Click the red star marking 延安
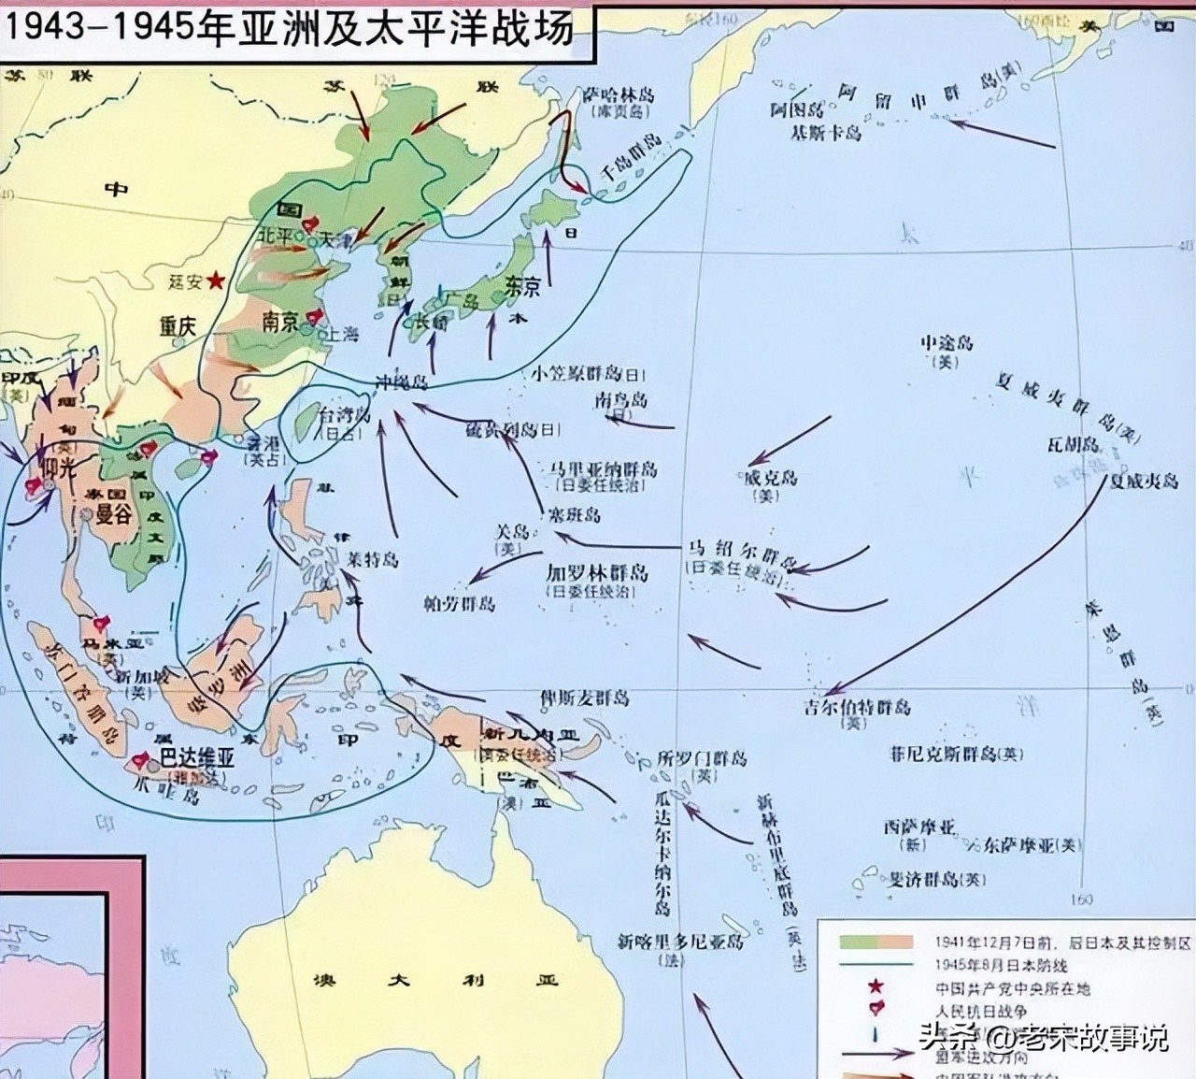pyautogui.click(x=216, y=280)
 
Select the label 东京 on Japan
pyautogui.click(x=522, y=286)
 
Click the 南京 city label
pyautogui.click(x=279, y=322)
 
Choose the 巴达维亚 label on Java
pyautogui.click(x=196, y=758)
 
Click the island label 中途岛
pyautogui.click(x=947, y=343)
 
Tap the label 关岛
pyautogui.click(x=512, y=531)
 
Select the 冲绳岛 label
pyautogui.click(x=402, y=382)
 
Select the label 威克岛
pyautogui.click(x=769, y=478)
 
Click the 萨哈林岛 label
pyautogui.click(x=618, y=95)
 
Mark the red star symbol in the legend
pyautogui.click(x=876, y=986)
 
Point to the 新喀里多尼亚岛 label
pyautogui.click(x=681, y=942)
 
